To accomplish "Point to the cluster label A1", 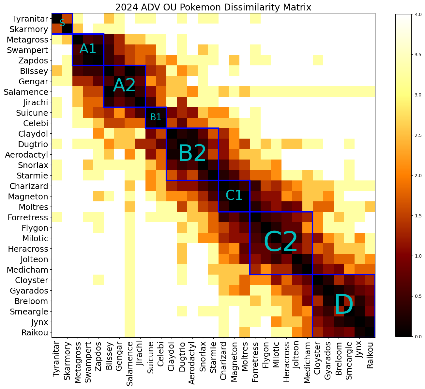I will point(88,49).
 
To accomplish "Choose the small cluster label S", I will point(62,23).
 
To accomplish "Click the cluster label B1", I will point(156,117).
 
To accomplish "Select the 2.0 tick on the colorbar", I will point(412,176).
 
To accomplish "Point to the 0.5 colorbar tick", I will point(412,296).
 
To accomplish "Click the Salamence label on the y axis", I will point(26,92).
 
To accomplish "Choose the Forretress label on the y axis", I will point(27,217).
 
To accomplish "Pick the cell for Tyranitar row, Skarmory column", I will point(67,19).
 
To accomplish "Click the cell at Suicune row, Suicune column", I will point(151,113).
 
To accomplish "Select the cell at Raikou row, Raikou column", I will point(370,332).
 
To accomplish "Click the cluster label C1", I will point(234,195).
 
